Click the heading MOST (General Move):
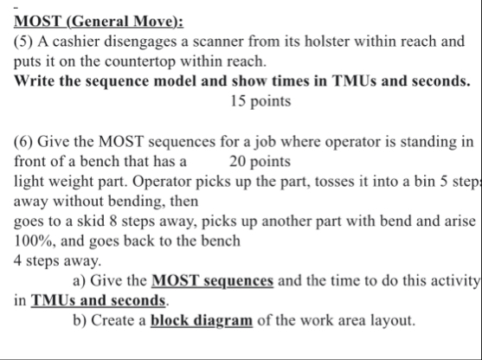(99, 22)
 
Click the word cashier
(76, 42)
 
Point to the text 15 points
(260, 101)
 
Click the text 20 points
(260, 161)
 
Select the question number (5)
(23, 42)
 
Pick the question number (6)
(23, 142)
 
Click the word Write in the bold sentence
(35, 81)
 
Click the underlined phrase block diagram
(202, 320)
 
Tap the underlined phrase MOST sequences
(212, 280)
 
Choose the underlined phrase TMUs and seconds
(98, 300)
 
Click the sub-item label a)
(80, 280)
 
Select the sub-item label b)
(80, 320)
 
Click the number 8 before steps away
(113, 221)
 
